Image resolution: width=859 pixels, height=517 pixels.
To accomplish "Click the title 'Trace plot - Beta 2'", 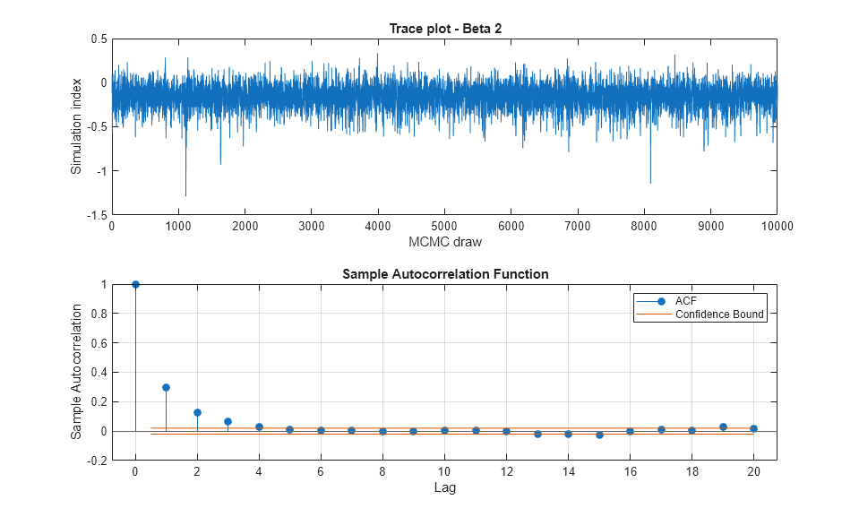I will coord(444,28).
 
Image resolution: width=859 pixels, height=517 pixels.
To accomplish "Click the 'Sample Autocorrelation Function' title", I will coord(444,273).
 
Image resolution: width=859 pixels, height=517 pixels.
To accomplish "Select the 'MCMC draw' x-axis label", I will coord(444,243).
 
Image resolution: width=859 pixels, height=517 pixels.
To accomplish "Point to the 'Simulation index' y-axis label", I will coord(77,126).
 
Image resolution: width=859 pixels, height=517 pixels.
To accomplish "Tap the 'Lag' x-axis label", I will coord(444,487).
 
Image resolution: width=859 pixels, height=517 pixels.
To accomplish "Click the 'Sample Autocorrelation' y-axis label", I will coord(77,371).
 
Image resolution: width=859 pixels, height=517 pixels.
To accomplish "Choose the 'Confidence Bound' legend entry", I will coord(719,315).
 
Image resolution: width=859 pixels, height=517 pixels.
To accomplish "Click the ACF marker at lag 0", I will coord(135,284).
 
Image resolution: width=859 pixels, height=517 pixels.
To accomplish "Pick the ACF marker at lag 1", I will coord(166,388).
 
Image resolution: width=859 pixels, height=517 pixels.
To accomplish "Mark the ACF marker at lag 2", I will coord(197,413).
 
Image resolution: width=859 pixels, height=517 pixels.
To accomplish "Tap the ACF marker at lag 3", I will coord(228,421).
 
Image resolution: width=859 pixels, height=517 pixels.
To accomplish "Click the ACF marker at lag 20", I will coord(753,428).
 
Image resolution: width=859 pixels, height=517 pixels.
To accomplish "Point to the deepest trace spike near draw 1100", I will coord(185,194).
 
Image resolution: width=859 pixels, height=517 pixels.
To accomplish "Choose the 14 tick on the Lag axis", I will coord(568,472).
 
